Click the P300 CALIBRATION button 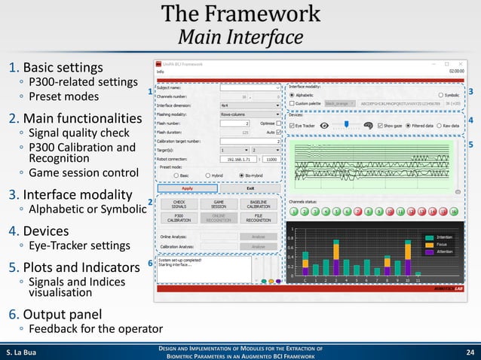click(x=179, y=218)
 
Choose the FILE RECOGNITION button click(x=259, y=218)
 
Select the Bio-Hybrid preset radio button click(x=240, y=175)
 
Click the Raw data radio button click(x=438, y=125)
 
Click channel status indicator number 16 click(x=454, y=213)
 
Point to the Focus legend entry click(x=440, y=245)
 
